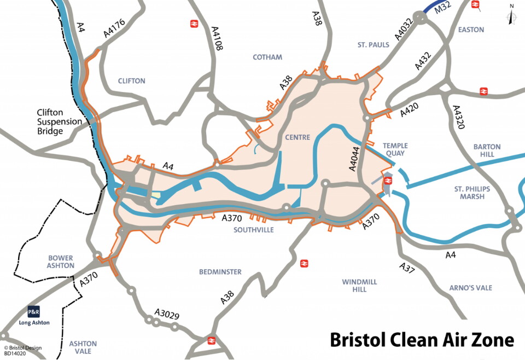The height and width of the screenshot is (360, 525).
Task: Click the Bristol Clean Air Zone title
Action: pyautogui.click(x=422, y=340)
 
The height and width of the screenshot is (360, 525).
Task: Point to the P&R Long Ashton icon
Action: pyautogui.click(x=33, y=312)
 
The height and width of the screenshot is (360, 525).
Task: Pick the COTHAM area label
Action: pyautogui.click(x=267, y=57)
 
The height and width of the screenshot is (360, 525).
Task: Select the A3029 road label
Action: pyautogui.click(x=167, y=315)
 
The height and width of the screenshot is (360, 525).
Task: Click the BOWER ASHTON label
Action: pyautogui.click(x=61, y=262)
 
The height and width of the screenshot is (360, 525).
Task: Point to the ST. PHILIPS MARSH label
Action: pyautogui.click(x=472, y=193)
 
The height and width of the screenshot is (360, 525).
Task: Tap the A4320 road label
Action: pyautogui.click(x=458, y=117)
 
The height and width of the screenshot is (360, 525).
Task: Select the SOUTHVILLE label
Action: pyautogui.click(x=254, y=230)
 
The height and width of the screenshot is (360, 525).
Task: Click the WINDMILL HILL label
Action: pyautogui.click(x=359, y=285)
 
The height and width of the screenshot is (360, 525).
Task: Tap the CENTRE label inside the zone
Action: pyautogui.click(x=297, y=137)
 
